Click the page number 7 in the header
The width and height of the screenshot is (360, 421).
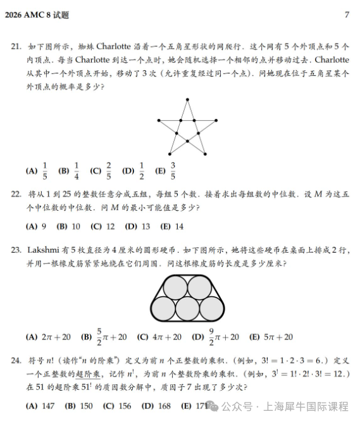tap(347, 15)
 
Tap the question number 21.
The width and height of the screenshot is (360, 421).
tap(16, 47)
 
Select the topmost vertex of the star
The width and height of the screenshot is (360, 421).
tap(187, 99)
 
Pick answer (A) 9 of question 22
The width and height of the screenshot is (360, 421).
tap(35, 226)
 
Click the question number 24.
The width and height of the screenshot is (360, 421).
tap(16, 361)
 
